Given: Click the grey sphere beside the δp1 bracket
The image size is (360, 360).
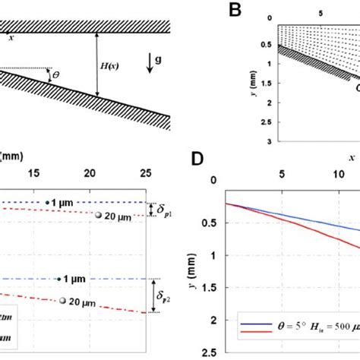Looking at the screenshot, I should [x=99, y=217].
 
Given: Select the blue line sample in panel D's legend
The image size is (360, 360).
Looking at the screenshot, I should [x=254, y=323].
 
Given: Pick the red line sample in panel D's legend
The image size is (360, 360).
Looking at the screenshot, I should [x=254, y=332].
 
